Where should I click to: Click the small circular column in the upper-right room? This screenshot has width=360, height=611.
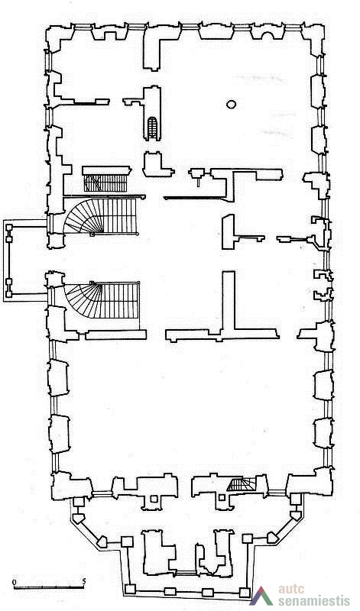pyautogui.click(x=231, y=104)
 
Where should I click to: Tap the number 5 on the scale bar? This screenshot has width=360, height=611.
pyautogui.click(x=84, y=581)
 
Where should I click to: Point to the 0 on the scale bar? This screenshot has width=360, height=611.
pyautogui.click(x=15, y=582)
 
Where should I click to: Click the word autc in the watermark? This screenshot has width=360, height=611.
pyautogui.click(x=291, y=588)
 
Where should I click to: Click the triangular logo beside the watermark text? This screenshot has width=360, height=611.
pyautogui.click(x=261, y=596)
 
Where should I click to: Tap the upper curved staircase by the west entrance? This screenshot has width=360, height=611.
pyautogui.click(x=101, y=216)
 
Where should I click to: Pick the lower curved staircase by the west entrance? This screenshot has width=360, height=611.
pyautogui.click(x=102, y=300)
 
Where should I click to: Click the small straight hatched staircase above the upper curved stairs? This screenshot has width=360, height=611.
pyautogui.click(x=105, y=183)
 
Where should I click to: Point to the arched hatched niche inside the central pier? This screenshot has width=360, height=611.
pyautogui.click(x=152, y=128)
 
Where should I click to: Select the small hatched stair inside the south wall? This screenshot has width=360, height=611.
pyautogui.click(x=241, y=485)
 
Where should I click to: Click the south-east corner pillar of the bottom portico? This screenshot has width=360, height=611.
pyautogui.click(x=245, y=593)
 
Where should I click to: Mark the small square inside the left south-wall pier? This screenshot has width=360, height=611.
pyautogui.click(x=154, y=499)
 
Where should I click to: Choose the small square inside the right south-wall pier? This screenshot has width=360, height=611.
pyautogui.click(x=222, y=497)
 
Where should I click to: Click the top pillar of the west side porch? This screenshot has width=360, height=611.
pyautogui.click(x=8, y=228)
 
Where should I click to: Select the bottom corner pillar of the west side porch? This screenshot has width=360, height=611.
pyautogui.click(x=8, y=294)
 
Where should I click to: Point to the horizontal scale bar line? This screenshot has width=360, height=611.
pyautogui.click(x=49, y=587)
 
